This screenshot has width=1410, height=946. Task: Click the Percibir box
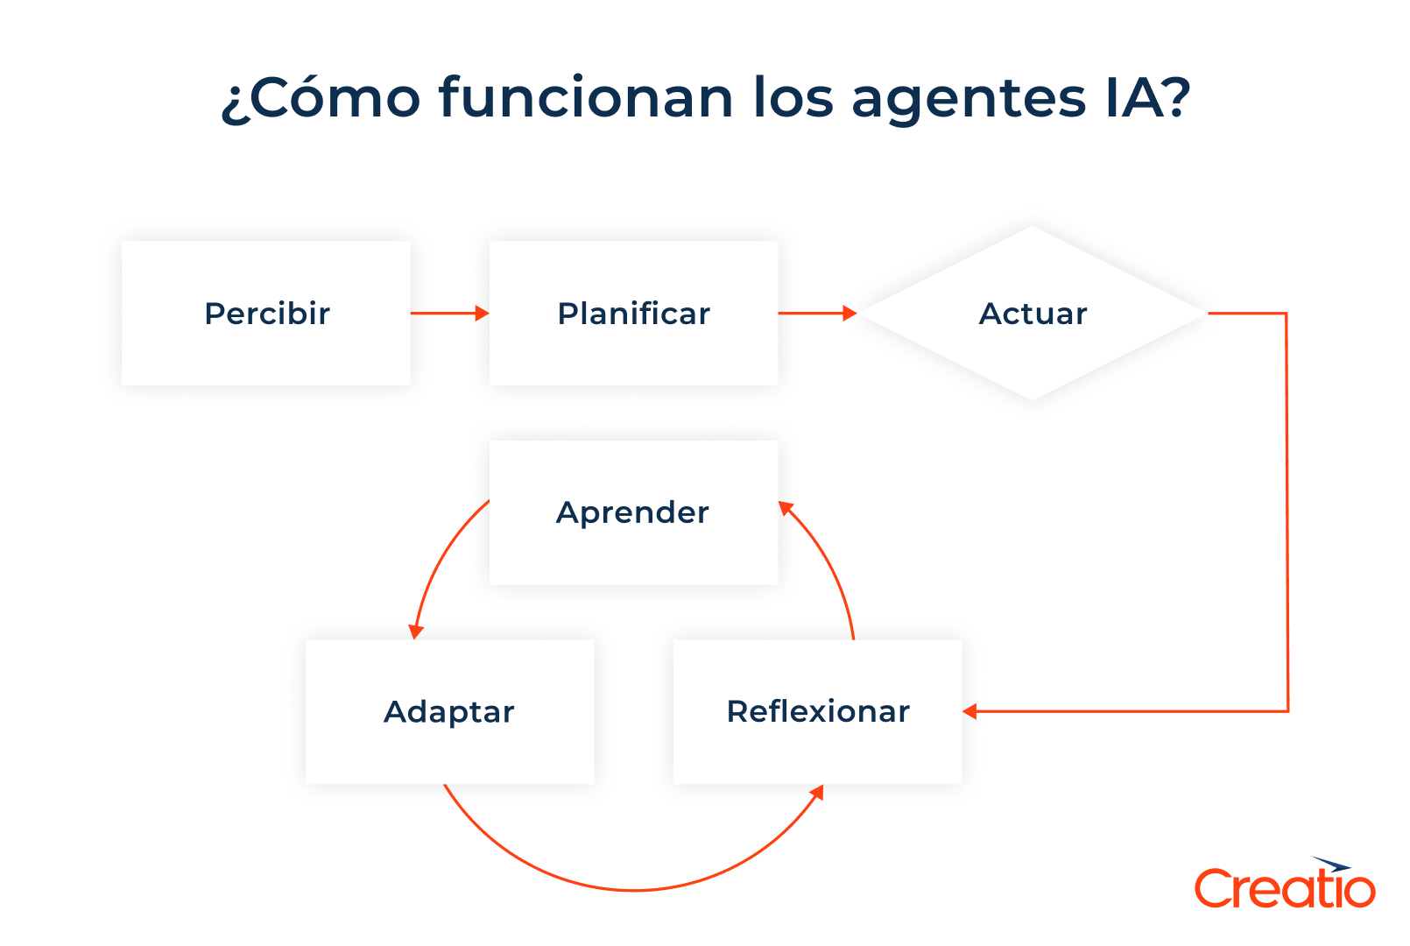coord(266,313)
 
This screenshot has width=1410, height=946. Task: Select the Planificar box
coord(633,313)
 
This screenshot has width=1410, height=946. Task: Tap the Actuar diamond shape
coord(1033,313)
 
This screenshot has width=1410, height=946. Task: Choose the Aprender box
coord(633,512)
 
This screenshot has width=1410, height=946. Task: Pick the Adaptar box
coord(449,711)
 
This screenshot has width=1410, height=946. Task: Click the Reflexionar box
coord(817,711)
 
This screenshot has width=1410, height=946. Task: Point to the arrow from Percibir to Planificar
coord(448,313)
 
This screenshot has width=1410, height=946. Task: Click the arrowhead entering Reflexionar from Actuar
coord(969,711)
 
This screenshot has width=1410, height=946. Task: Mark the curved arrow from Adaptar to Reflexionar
coord(633,889)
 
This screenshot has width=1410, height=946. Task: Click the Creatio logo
coord(1284,885)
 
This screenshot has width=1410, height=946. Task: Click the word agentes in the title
coord(969,98)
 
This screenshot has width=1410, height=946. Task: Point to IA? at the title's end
coord(1147,98)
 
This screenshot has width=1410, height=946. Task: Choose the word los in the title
coord(793,98)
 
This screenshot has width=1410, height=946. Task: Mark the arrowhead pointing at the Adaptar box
coord(416,632)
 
